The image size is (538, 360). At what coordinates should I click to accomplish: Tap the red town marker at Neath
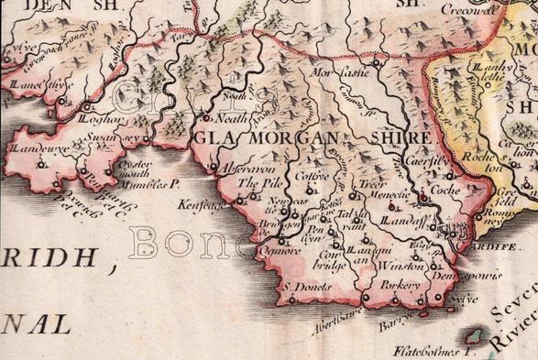pos(206,118)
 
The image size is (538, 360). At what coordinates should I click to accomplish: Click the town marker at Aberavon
pos(214,168)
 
